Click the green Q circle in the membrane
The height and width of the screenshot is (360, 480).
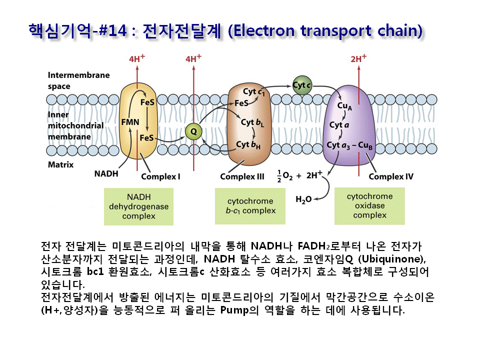[192, 131]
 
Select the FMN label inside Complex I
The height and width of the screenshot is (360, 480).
[129, 121]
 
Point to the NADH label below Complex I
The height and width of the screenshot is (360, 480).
[106, 174]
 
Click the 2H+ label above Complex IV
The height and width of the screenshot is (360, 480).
[358, 59]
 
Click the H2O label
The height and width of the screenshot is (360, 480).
[303, 199]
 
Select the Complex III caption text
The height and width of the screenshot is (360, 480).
[242, 176]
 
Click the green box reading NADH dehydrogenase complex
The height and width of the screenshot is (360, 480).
[138, 206]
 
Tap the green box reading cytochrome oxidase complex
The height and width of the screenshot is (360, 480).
[369, 205]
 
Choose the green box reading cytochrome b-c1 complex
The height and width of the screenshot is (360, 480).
[250, 206]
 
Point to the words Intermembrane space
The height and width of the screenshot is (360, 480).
[78, 80]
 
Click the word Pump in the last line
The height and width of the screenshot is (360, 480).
[234, 310]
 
